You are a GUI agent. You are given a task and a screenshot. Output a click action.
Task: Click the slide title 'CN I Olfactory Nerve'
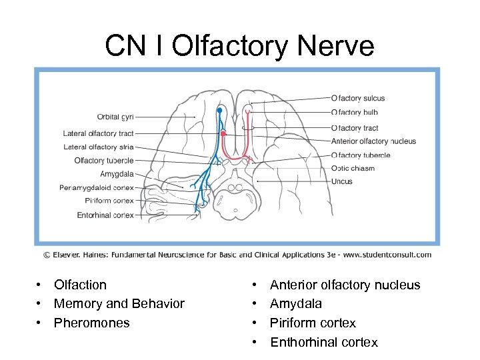click(240, 46)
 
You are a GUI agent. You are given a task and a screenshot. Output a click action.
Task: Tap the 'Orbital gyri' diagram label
click(115, 117)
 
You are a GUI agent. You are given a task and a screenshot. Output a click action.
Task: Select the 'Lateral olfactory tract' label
click(99, 133)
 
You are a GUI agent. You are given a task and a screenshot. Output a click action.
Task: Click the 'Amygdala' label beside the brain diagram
click(117, 174)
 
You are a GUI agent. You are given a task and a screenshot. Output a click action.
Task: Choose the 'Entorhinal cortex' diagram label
click(105, 215)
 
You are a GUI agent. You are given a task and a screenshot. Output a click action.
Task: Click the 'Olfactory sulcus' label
click(358, 99)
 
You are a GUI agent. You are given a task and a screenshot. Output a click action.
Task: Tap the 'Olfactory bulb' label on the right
click(355, 113)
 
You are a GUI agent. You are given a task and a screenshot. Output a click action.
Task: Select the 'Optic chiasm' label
click(353, 168)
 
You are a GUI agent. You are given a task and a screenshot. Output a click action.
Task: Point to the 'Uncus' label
click(342, 181)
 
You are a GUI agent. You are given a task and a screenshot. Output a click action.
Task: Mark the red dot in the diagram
click(223, 133)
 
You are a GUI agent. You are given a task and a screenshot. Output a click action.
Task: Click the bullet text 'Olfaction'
click(80, 285)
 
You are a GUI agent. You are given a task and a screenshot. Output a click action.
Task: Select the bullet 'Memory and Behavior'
click(119, 304)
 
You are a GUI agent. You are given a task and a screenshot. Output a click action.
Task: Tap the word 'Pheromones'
click(91, 323)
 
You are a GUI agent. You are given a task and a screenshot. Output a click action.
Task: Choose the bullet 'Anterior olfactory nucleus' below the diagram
click(345, 285)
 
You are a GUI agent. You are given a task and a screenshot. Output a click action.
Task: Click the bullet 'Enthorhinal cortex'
click(323, 343)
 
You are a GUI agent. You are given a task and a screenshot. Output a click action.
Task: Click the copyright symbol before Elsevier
click(47, 255)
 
